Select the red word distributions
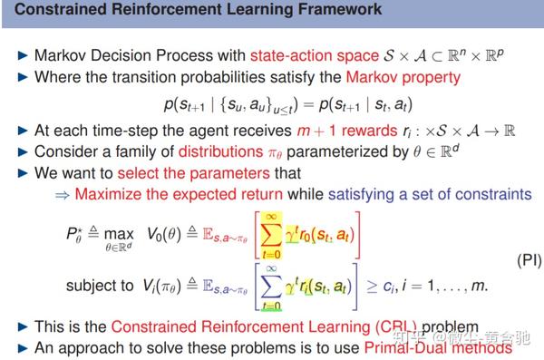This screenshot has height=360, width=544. click(x=225, y=151)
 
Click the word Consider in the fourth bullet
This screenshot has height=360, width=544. click(x=64, y=151)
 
